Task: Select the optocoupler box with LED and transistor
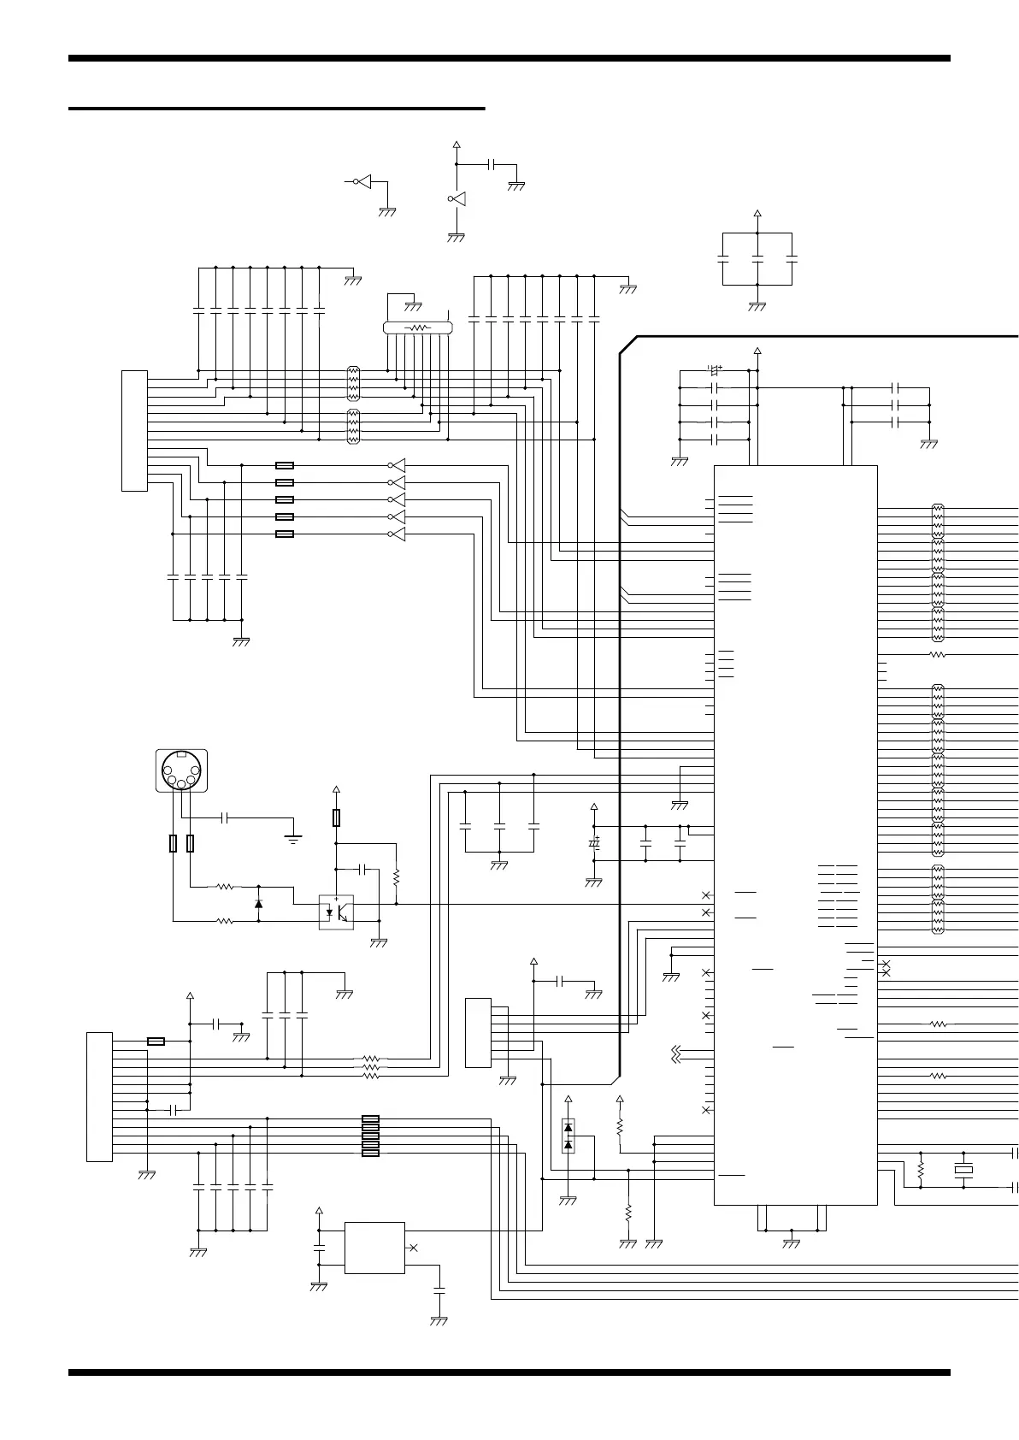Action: [x=336, y=912]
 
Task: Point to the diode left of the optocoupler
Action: [x=259, y=903]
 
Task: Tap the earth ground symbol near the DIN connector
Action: [x=293, y=838]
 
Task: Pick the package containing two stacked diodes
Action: [x=568, y=1136]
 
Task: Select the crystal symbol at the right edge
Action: [x=963, y=1170]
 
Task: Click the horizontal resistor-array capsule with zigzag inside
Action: [x=417, y=328]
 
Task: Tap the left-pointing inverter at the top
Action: [x=364, y=181]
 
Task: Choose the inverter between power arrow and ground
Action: [x=456, y=199]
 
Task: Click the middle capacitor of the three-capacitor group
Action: [x=757, y=257]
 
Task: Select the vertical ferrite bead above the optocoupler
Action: [x=336, y=818]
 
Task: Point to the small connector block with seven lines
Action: [x=478, y=1032]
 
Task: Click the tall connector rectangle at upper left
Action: [x=134, y=431]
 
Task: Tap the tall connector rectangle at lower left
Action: [x=99, y=1097]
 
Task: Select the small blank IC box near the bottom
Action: [x=374, y=1248]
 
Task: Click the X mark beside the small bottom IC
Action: [x=414, y=1248]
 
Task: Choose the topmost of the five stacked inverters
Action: [x=397, y=466]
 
